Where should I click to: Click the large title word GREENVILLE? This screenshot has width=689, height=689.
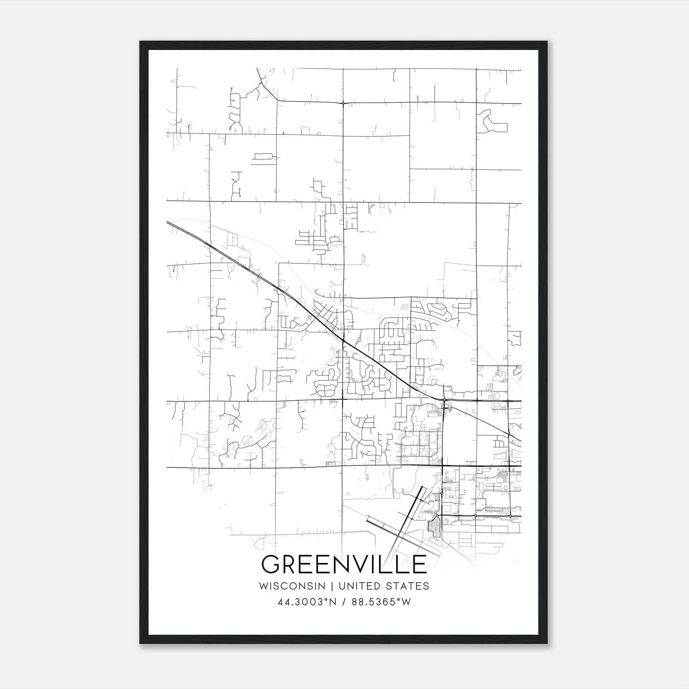point(344,564)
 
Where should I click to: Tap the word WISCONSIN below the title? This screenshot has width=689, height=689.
point(292,586)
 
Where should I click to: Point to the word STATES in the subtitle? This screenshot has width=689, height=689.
point(407,586)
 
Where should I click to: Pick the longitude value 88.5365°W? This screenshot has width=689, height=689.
point(381,602)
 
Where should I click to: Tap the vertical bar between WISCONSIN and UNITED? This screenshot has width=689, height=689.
point(332,586)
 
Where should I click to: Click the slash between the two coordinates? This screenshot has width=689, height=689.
point(344,602)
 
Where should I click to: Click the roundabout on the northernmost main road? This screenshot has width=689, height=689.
point(343,103)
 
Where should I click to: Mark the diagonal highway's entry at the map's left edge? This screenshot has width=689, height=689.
point(168,222)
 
